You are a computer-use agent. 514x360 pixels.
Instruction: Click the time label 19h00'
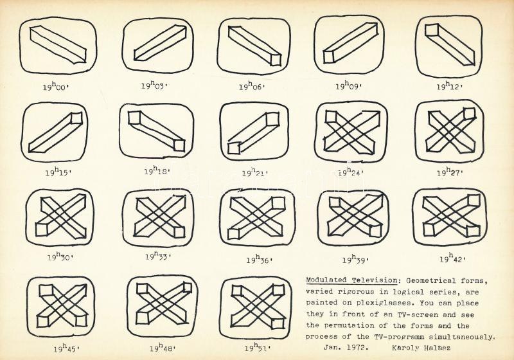[x=55, y=86]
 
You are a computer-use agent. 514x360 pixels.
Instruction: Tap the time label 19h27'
[x=449, y=172]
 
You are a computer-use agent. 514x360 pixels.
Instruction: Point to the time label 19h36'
[x=260, y=259]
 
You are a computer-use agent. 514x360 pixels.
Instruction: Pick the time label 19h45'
[x=67, y=348]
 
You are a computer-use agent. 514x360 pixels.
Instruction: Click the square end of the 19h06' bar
[x=276, y=60]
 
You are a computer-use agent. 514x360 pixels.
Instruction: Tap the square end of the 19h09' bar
[x=328, y=57]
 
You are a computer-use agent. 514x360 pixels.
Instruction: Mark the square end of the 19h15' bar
[x=76, y=118]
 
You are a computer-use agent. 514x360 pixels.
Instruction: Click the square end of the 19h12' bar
[x=431, y=30]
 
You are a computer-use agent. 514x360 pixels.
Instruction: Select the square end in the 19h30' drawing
[x=42, y=230]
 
